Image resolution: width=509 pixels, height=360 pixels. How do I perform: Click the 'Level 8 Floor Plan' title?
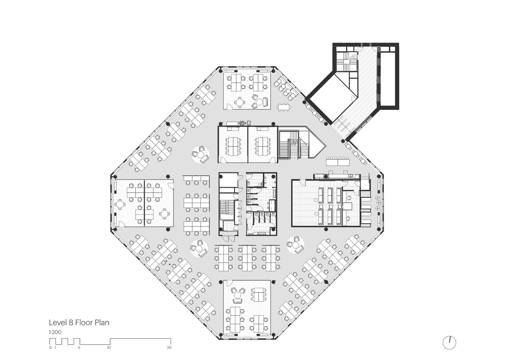click(79, 323)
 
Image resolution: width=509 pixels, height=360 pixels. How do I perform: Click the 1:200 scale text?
click(55, 332)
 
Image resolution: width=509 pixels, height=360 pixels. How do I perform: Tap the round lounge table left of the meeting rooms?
click(200, 155)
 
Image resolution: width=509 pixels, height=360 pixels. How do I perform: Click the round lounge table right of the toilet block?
click(296, 245)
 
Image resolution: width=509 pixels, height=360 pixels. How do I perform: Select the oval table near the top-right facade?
click(283, 107)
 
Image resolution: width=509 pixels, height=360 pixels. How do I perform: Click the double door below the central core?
click(228, 238)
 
